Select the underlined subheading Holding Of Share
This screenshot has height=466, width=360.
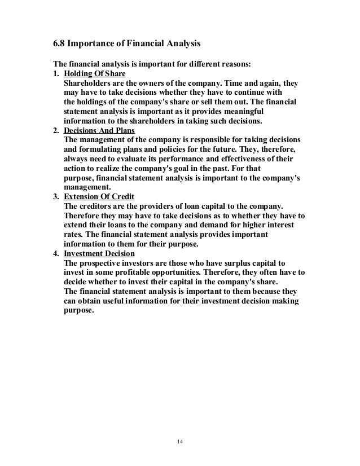pos(95,74)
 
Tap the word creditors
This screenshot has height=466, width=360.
pos(98,206)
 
